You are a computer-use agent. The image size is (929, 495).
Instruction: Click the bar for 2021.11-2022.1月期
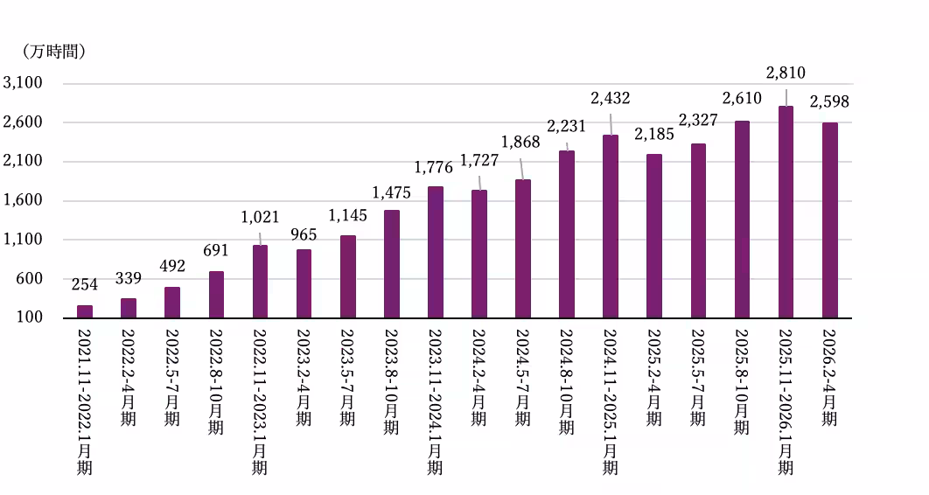point(85,312)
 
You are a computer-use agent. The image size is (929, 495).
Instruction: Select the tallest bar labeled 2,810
point(786,213)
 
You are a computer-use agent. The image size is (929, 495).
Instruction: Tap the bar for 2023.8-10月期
point(392,264)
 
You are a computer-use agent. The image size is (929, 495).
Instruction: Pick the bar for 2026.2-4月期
point(829,221)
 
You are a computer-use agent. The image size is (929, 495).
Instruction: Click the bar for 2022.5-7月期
point(172,303)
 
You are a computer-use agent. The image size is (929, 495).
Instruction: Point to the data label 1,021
point(260,217)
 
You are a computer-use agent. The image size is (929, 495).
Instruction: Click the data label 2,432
point(611,98)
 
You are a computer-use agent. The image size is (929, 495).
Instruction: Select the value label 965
point(304,234)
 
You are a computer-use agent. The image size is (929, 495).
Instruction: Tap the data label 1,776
point(433,168)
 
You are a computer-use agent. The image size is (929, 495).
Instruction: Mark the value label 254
point(85,285)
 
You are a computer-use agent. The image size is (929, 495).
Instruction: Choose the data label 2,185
point(654,135)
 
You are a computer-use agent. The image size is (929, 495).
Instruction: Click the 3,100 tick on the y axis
point(23,83)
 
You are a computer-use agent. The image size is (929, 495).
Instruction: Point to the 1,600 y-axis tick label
point(23,200)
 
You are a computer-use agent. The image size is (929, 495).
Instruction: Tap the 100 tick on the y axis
point(30,317)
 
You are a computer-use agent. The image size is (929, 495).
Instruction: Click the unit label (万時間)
point(54,52)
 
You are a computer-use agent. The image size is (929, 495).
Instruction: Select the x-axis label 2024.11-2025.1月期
point(611,402)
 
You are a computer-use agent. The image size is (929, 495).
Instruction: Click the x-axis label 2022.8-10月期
point(216,382)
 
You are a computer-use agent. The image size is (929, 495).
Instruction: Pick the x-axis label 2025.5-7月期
point(698,377)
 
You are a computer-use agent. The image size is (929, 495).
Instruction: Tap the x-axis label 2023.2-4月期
point(304,377)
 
